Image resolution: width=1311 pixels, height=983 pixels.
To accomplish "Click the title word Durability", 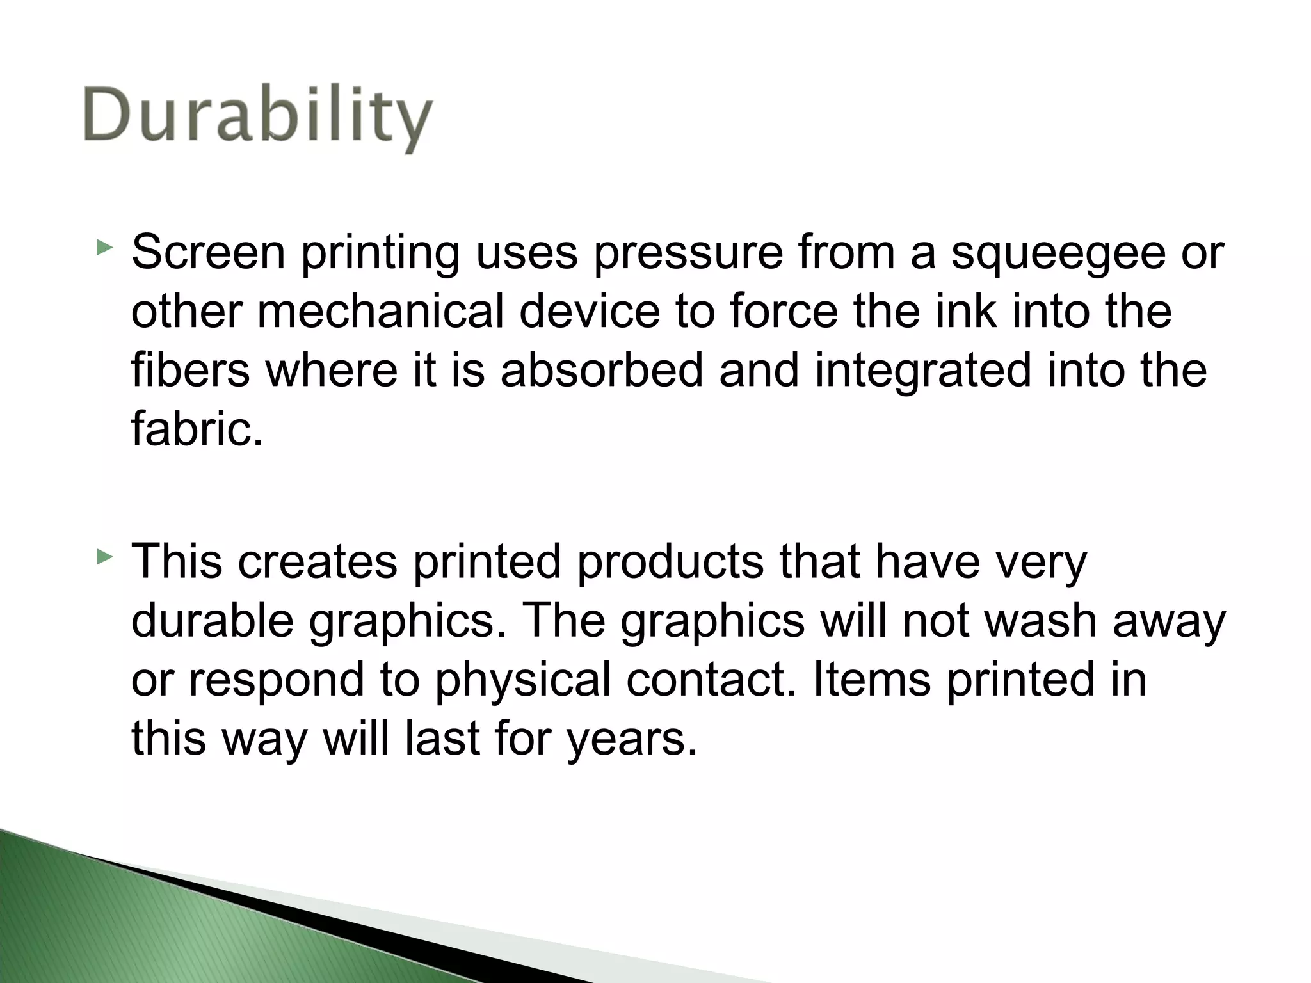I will point(257,118).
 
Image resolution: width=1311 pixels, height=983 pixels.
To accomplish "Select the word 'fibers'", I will point(190,371).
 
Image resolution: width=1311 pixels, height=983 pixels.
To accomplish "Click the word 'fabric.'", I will point(197,429).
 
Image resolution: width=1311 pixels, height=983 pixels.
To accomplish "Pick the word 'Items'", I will point(871,679).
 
